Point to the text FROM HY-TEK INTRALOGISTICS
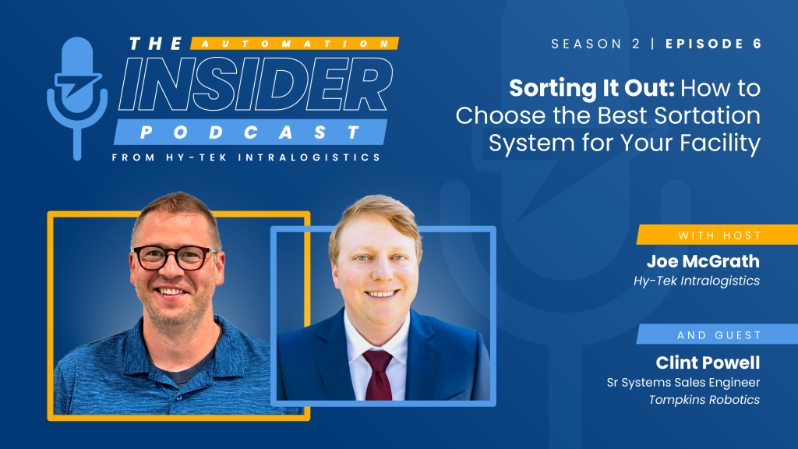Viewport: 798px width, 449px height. (x=246, y=157)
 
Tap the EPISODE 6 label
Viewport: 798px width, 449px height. (x=712, y=44)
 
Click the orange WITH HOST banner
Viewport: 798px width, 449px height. (x=717, y=235)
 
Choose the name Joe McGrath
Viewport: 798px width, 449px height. (x=703, y=261)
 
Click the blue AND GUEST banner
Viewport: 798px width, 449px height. (x=717, y=334)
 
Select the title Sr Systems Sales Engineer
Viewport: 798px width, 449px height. (x=683, y=382)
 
